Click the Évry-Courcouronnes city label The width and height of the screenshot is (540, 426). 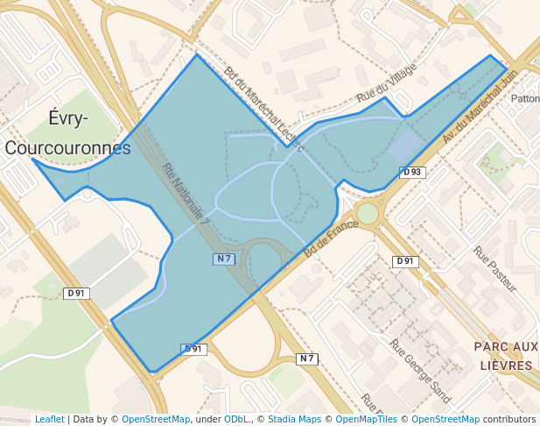tap(68, 133)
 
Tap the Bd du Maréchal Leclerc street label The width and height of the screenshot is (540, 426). tap(263, 109)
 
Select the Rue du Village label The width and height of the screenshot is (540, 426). tap(386, 86)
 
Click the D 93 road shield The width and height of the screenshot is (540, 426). tap(412, 173)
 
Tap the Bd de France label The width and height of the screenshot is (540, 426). tap(332, 237)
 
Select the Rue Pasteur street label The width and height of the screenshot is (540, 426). tap(495, 269)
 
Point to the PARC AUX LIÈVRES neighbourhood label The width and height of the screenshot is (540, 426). tap(505, 356)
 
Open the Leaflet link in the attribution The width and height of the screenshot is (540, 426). tap(49, 419)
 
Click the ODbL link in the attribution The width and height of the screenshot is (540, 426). tap(236, 419)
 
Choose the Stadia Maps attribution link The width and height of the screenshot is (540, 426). tap(294, 419)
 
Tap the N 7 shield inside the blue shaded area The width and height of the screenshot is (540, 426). tap(224, 259)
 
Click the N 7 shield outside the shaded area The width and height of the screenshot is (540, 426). tap(306, 359)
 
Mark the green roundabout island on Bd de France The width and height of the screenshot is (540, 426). tap(368, 213)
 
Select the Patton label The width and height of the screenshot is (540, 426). tap(525, 99)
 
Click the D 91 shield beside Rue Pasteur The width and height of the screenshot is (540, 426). tap(404, 261)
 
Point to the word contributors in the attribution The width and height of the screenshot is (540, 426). tap(509, 419)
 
